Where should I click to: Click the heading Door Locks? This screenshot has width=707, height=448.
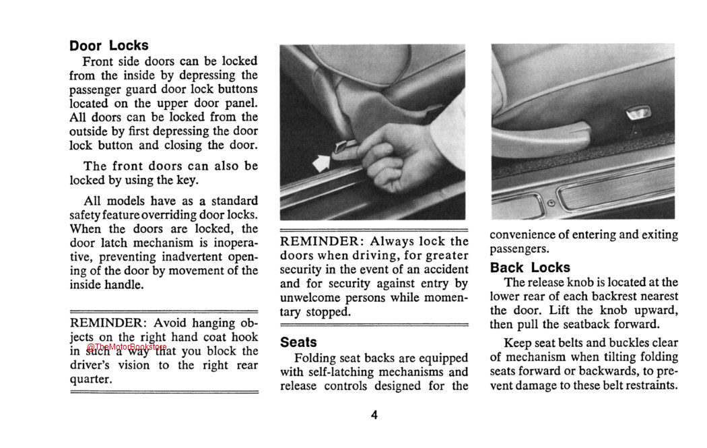108,46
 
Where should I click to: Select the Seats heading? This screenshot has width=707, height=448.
298,342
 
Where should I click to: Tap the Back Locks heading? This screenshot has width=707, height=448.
530,267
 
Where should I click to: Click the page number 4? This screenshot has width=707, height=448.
374,415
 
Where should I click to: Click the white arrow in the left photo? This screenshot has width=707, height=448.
324,161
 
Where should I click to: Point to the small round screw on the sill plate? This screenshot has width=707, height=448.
551,203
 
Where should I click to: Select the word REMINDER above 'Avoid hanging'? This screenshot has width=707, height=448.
107,323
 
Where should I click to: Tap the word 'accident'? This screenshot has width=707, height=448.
440,269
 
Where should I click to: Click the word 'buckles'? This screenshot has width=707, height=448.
606,343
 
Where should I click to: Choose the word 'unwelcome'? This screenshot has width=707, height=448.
312,298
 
